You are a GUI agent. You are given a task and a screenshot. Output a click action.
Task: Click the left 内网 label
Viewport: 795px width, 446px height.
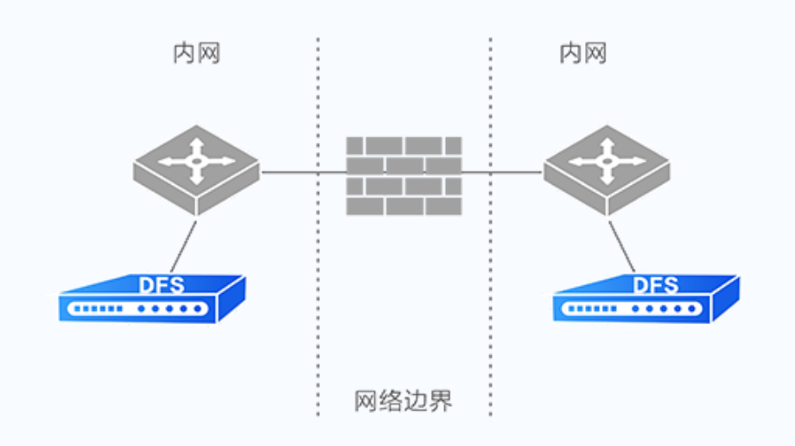[196, 54]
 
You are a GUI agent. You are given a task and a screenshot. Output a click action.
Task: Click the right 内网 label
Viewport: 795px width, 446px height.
[582, 54]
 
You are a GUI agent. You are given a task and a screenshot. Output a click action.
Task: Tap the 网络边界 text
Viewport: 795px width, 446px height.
[404, 401]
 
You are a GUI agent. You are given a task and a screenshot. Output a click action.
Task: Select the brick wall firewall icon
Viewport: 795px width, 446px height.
[404, 175]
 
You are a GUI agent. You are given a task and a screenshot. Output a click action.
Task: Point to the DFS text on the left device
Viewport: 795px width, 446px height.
[162, 284]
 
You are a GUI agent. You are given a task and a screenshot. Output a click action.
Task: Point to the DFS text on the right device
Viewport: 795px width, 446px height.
[656, 284]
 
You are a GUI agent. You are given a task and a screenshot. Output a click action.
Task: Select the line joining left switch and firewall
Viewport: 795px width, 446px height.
[302, 172]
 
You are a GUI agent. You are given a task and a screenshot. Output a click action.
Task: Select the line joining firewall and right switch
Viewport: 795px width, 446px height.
[501, 172]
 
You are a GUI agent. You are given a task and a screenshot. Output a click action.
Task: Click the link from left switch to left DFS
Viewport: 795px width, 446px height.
[182, 245]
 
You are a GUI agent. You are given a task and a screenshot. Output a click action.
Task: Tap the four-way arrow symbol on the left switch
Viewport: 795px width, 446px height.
[196, 159]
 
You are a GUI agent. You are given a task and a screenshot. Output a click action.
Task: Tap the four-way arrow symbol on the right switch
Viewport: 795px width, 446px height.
[607, 159]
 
